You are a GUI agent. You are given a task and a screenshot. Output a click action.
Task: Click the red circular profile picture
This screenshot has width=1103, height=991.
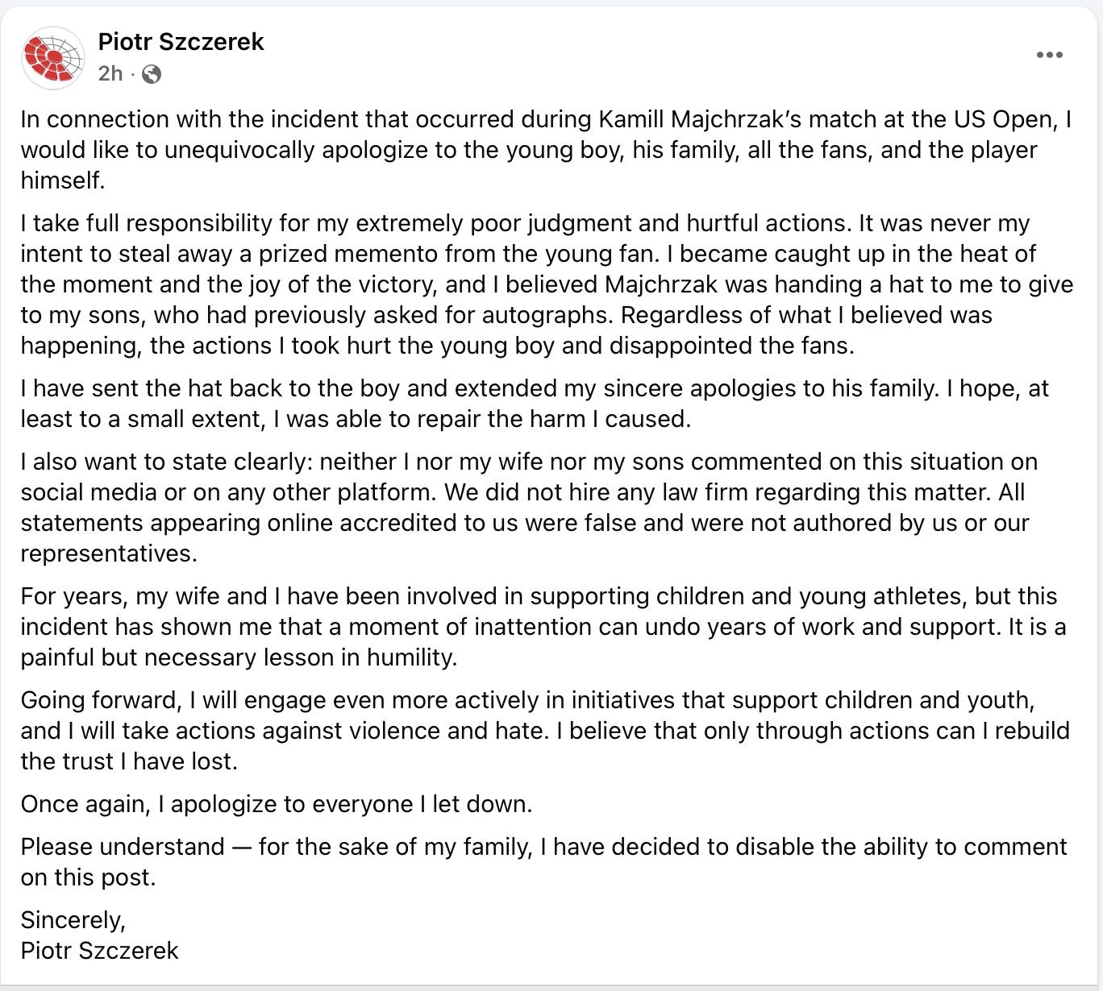coord(53,58)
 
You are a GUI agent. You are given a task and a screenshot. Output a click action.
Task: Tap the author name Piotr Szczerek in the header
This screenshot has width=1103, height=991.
coord(181,42)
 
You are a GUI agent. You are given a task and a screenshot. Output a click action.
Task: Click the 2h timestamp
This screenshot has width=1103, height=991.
coord(110,74)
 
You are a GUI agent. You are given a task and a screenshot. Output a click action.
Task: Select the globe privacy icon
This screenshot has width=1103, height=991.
coord(152,75)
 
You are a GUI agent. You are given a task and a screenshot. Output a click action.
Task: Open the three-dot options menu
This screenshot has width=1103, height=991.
coord(1049,56)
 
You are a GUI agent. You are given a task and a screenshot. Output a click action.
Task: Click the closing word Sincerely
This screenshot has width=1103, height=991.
coord(73,919)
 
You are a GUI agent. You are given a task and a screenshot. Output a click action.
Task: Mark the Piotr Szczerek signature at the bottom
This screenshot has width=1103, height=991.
coord(100,950)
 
